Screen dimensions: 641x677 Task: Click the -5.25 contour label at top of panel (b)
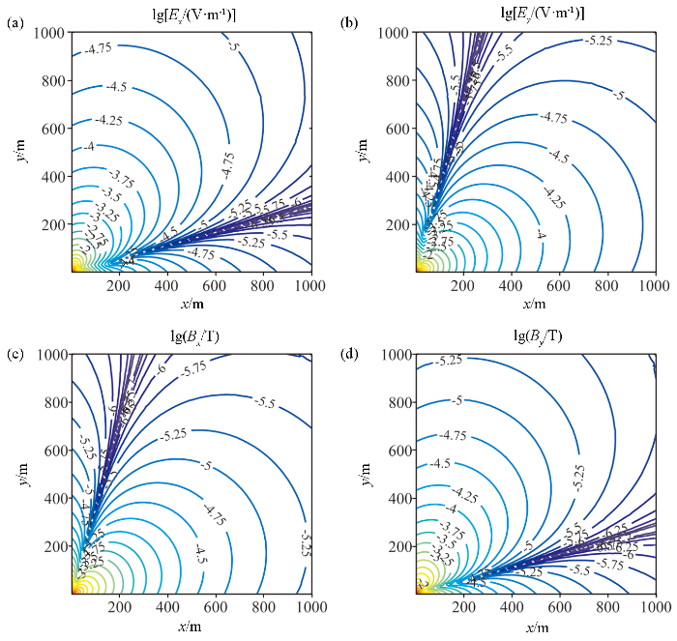tap(600, 41)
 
